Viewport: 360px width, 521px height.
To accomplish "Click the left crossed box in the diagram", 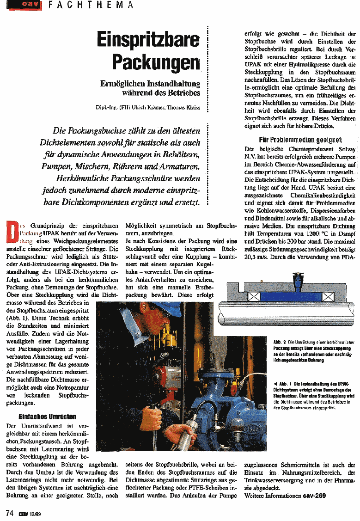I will click(x=253, y=296).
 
